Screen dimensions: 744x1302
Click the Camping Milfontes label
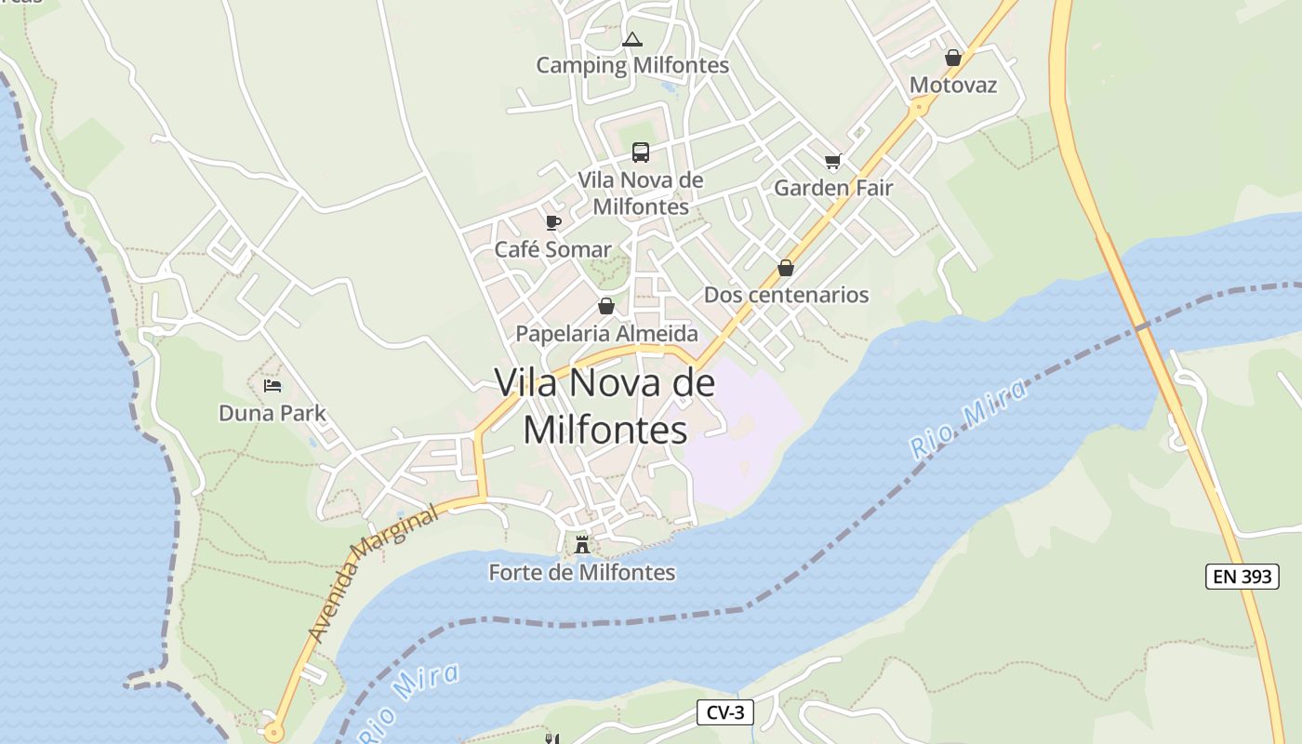pyautogui.click(x=632, y=66)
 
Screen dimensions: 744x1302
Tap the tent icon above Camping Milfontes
pyautogui.click(x=632, y=39)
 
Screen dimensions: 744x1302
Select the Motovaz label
pyautogui.click(x=952, y=86)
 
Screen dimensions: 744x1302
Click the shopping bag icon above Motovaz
pyautogui.click(x=952, y=58)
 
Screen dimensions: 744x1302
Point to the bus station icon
pyautogui.click(x=641, y=153)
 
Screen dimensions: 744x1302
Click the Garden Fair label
pyautogui.click(x=833, y=188)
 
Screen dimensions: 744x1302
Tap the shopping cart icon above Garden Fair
pyautogui.click(x=833, y=161)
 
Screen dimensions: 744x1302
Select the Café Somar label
pyautogui.click(x=553, y=249)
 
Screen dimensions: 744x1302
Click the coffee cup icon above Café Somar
pyautogui.click(x=553, y=222)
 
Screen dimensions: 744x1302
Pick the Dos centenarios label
pyautogui.click(x=786, y=295)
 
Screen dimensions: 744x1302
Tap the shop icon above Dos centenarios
pyautogui.click(x=786, y=268)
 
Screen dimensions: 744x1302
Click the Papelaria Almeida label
pyautogui.click(x=606, y=333)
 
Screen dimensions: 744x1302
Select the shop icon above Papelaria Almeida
pyautogui.click(x=606, y=305)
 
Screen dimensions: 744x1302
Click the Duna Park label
pyautogui.click(x=272, y=412)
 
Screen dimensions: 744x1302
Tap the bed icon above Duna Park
pyautogui.click(x=272, y=385)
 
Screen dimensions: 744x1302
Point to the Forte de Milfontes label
pyautogui.click(x=582, y=572)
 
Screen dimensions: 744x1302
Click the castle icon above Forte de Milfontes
pyautogui.click(x=582, y=545)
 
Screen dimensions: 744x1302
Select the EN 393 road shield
pyautogui.click(x=1242, y=577)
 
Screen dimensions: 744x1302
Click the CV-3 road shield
pyautogui.click(x=725, y=713)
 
